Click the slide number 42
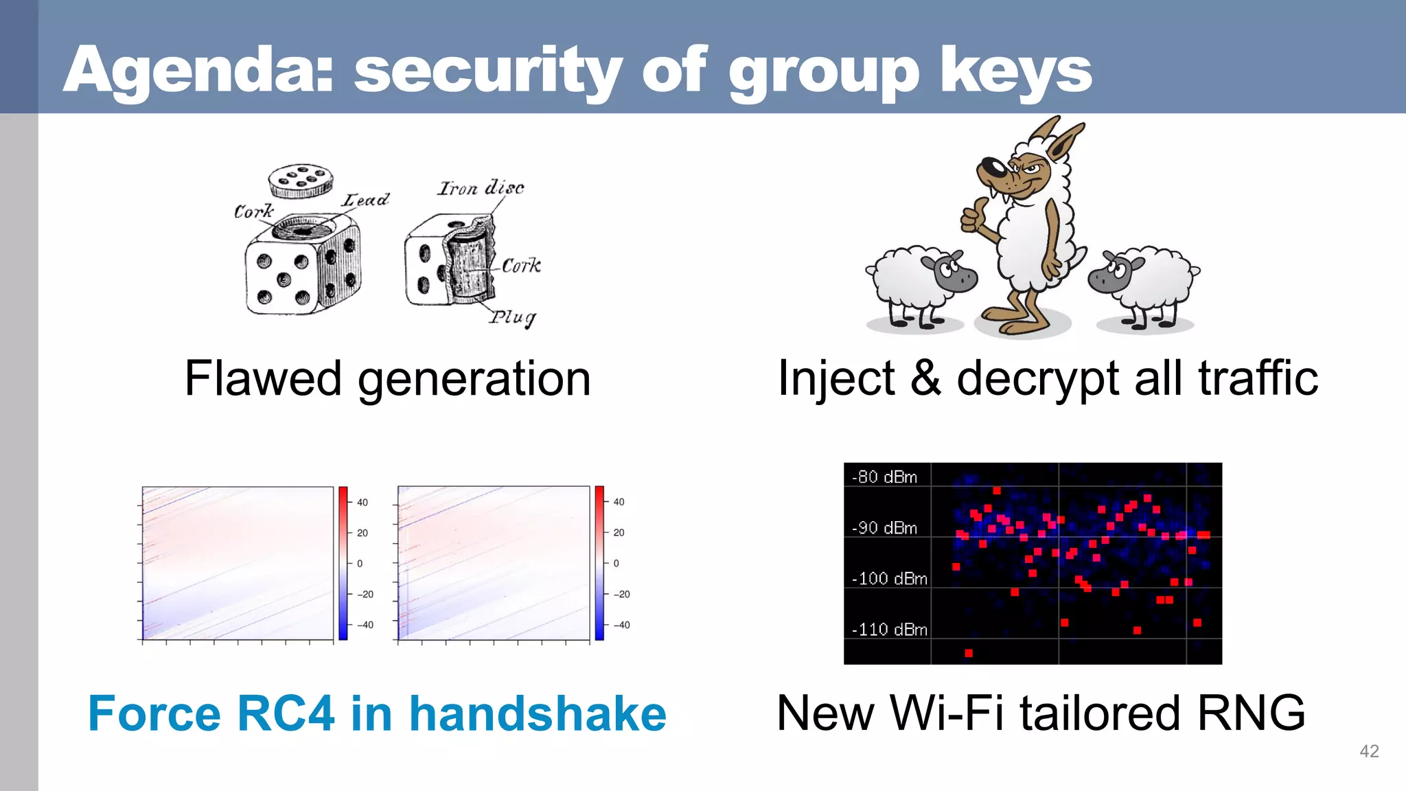tap(1369, 751)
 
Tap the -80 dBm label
tap(884, 477)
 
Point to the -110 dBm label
tap(889, 630)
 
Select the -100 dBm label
tap(889, 579)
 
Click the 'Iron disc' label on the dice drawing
tap(481, 187)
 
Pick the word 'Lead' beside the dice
tap(366, 200)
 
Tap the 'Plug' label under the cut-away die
tap(512, 317)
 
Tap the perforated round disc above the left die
tap(300, 180)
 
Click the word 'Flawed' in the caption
tap(263, 378)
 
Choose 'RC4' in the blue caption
tap(286, 714)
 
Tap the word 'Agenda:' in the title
tap(199, 70)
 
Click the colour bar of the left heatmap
tap(343, 563)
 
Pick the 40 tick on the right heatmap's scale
tap(619, 502)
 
